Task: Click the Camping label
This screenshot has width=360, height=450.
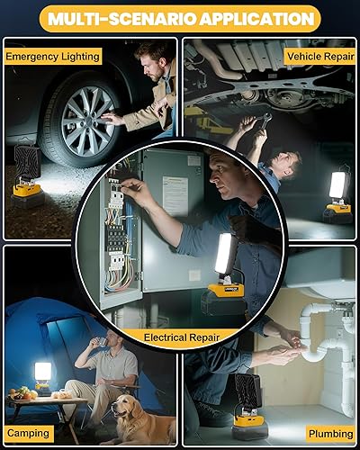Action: click(28, 433)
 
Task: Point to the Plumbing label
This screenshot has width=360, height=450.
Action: click(329, 433)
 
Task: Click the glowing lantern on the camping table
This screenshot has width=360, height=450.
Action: click(41, 375)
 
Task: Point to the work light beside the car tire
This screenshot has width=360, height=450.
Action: click(29, 176)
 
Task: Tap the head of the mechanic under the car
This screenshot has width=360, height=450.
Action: click(286, 161)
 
